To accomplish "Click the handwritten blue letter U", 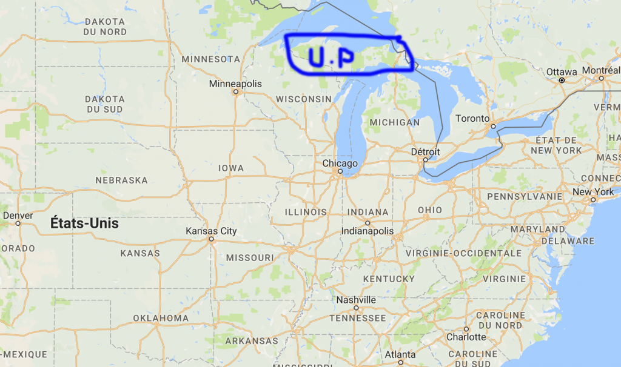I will [317, 56].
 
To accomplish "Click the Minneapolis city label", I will [235, 84].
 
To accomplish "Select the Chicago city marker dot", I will [340, 171].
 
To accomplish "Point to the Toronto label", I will [472, 118].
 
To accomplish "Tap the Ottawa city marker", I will [562, 80].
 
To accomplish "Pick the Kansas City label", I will [211, 231].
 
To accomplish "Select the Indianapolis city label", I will [368, 231].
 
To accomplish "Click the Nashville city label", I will [356, 300].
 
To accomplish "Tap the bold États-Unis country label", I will [85, 223].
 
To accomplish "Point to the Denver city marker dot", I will [18, 223].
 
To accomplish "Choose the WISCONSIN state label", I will [303, 99].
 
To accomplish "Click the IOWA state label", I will [232, 168].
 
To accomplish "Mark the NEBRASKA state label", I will [121, 180].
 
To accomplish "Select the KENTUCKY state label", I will [389, 279].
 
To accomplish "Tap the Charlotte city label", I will [466, 337].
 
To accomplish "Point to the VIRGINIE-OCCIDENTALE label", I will [463, 253].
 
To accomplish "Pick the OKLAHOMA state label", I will [161, 318].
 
